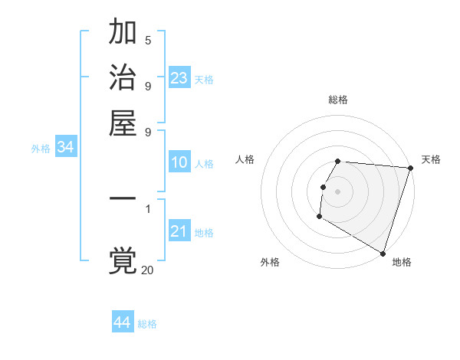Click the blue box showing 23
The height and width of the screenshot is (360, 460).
179,78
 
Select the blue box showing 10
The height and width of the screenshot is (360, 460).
179,162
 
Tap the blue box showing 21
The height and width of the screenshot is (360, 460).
179,231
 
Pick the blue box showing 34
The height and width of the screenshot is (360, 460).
65,148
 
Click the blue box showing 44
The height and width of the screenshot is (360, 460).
123,322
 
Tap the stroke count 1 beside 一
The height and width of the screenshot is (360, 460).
148,208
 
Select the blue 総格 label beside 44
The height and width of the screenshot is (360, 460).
147,324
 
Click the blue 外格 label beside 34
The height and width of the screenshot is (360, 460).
41,149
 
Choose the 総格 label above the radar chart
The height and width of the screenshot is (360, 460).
338,100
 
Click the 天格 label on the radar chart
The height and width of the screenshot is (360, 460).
431,159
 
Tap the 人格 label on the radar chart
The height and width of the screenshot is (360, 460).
245,159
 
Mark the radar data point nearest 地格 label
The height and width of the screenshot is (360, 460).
383,253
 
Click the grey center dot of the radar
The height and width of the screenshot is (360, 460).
338,191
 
